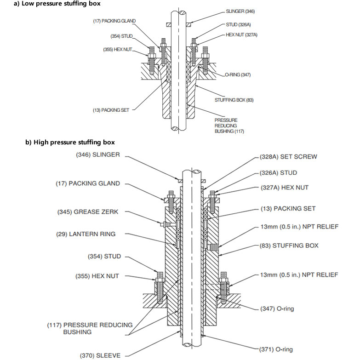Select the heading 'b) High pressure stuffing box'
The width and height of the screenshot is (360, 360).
pyautogui.click(x=70, y=142)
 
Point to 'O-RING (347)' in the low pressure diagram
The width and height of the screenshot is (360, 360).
pyautogui.click(x=238, y=74)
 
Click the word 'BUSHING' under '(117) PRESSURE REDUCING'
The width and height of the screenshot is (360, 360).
pyautogui.click(x=77, y=331)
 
